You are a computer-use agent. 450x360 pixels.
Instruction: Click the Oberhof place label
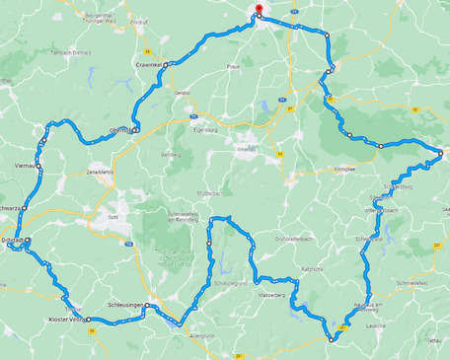point(120,129)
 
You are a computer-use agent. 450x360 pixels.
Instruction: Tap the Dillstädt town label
point(14,240)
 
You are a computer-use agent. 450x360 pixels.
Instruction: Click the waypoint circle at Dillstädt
point(28,240)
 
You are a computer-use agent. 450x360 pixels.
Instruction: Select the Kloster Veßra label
point(67,320)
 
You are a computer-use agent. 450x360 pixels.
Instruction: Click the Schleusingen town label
point(123,306)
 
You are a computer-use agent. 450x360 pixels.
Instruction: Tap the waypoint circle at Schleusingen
point(148,307)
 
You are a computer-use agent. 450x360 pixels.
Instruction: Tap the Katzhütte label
point(312,268)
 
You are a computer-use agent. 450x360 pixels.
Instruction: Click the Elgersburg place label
point(205,129)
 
